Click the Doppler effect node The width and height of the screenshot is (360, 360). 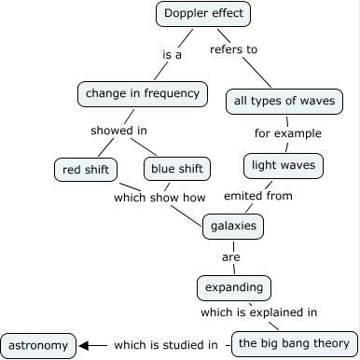point(202,13)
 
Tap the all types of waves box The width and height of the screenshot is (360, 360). point(285,101)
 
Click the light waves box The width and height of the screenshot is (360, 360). point(284,166)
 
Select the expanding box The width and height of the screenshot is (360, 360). point(235,285)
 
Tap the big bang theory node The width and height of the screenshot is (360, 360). point(294,344)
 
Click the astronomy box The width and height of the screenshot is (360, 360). point(38,346)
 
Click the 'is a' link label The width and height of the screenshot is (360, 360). point(173,54)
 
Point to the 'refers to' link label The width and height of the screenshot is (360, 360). point(233,48)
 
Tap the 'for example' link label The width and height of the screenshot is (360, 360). point(287,133)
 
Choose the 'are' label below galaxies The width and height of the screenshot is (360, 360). point(231,256)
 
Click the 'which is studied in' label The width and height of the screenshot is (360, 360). point(166,346)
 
